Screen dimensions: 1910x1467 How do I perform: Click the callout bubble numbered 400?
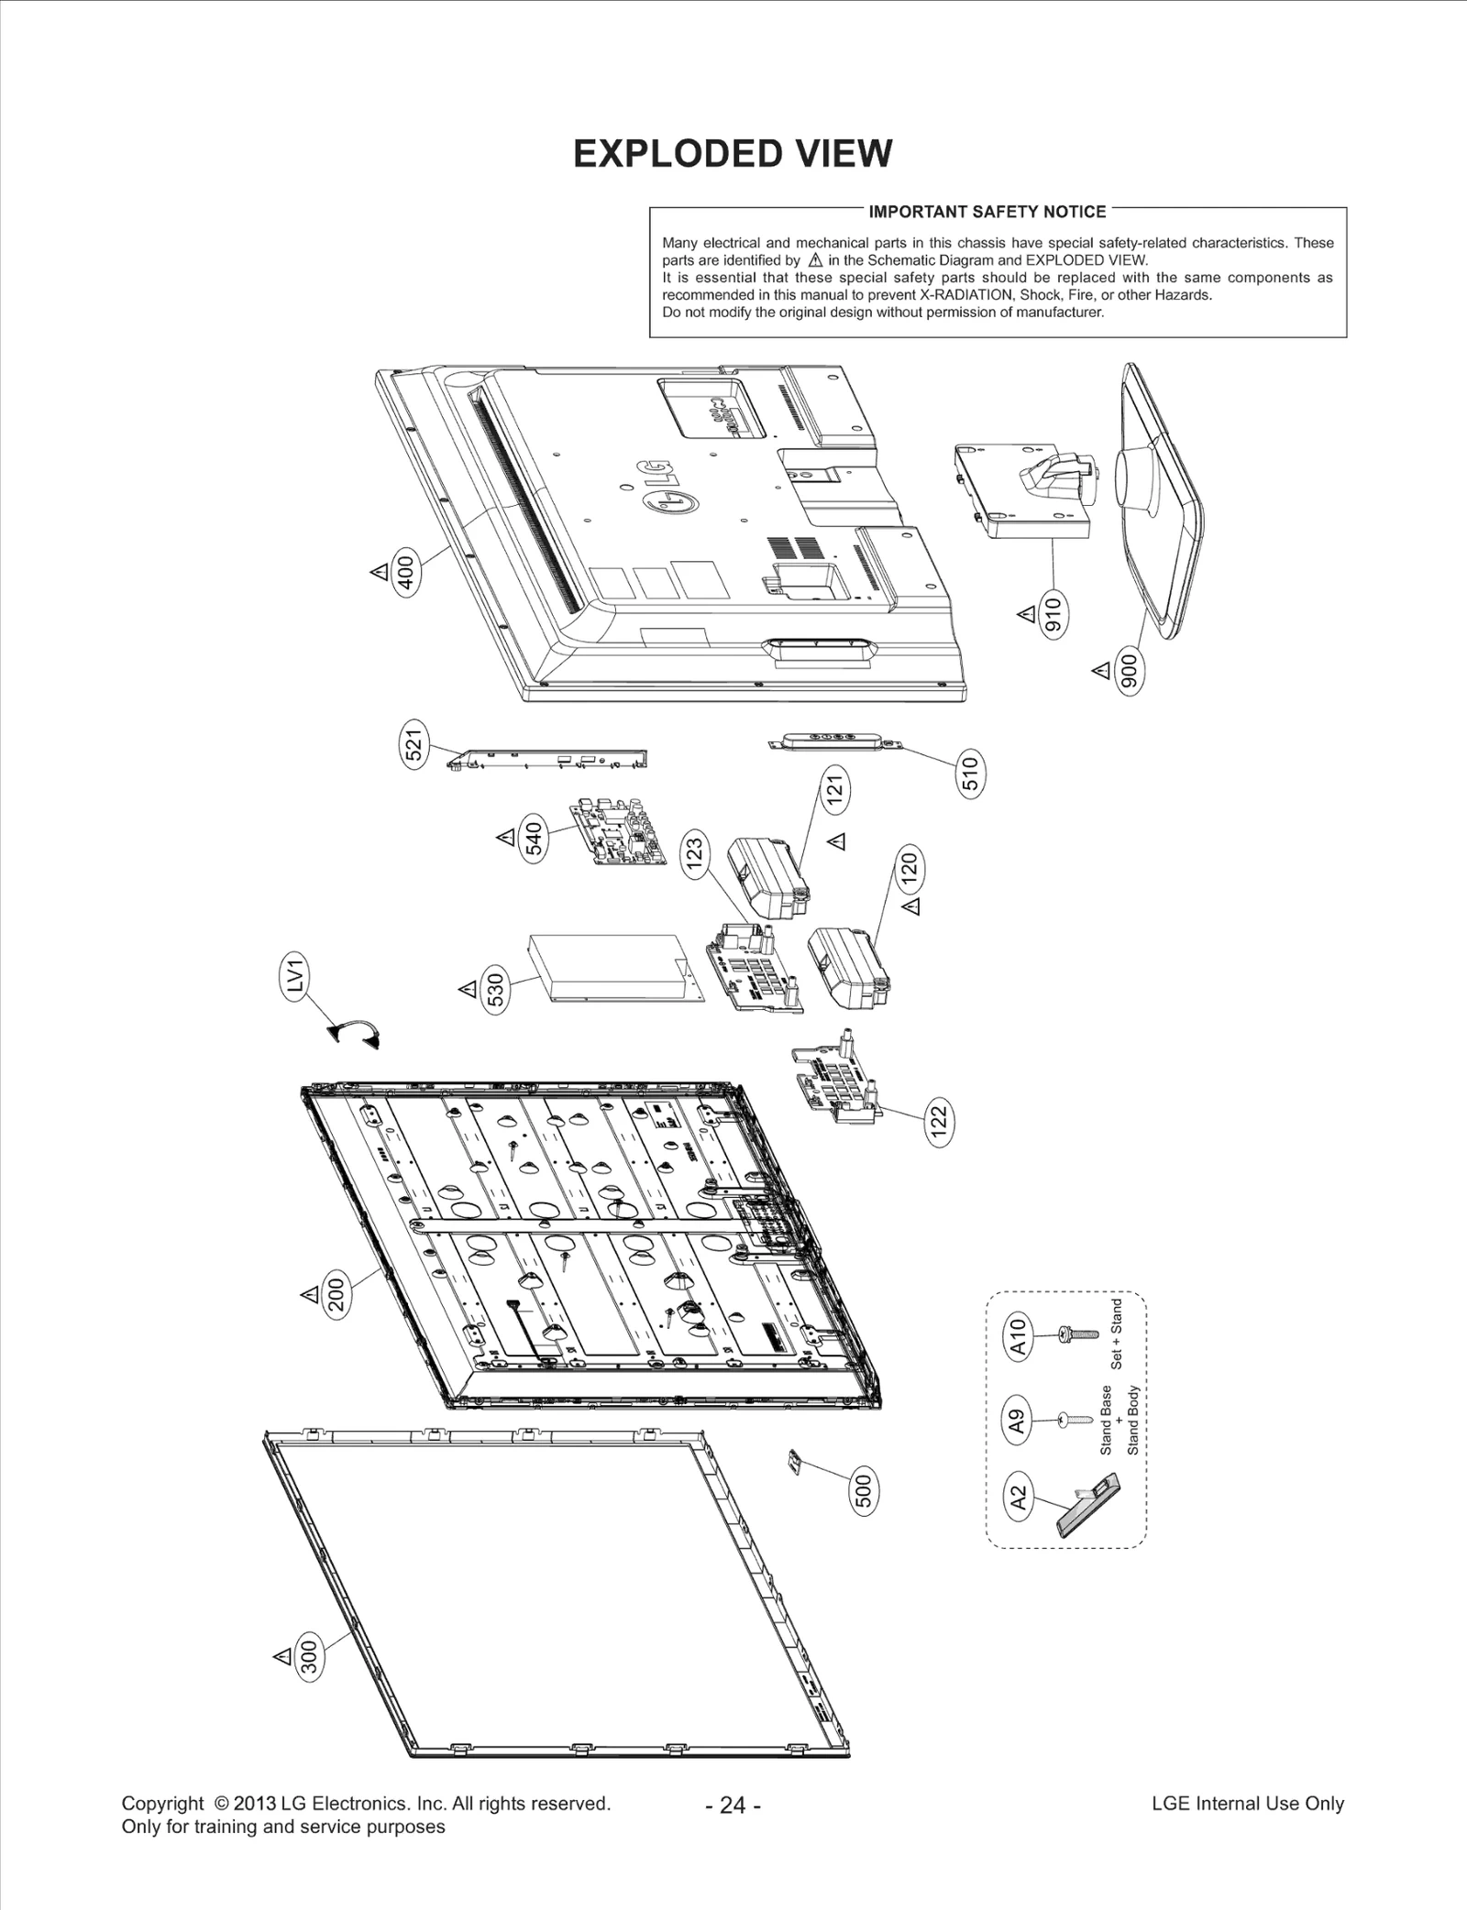point(406,572)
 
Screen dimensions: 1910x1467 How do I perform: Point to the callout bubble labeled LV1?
point(295,979)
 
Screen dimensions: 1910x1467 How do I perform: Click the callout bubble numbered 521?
point(414,743)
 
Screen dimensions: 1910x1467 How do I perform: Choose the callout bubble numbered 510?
point(970,774)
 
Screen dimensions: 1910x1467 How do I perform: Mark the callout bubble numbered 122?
point(938,1123)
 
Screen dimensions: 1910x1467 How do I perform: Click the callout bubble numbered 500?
point(865,1491)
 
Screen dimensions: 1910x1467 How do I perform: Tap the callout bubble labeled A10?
point(1020,1337)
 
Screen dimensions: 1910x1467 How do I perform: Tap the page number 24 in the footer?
point(733,1805)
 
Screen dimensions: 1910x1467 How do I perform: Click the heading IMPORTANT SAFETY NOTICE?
point(987,212)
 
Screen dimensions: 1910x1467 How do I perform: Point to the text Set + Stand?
point(1116,1334)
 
